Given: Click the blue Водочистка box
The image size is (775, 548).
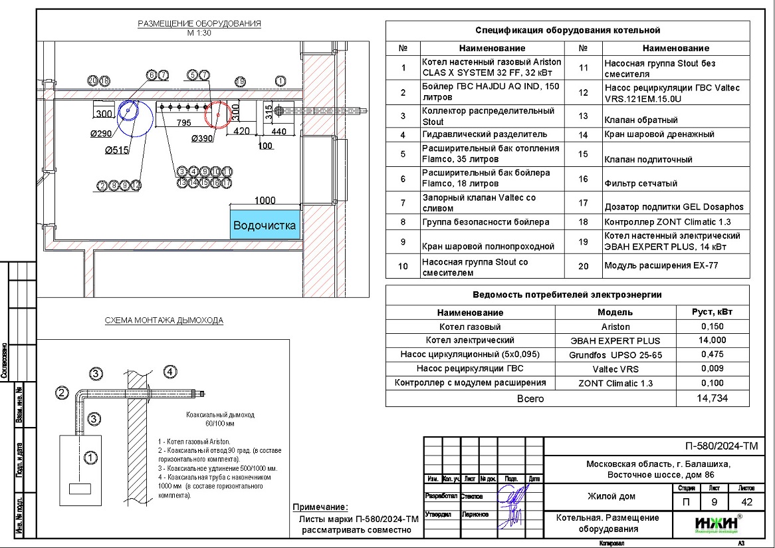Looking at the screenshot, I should tap(265, 225).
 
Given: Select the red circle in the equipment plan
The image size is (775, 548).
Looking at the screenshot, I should tap(217, 114).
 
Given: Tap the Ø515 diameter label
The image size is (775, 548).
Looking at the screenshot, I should tap(117, 151).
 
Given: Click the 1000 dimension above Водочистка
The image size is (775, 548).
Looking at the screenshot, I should tap(265, 200).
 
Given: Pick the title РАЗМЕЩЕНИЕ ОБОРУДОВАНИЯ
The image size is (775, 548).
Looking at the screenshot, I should tap(199, 24).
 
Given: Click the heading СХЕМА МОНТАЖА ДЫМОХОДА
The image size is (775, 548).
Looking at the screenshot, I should tap(164, 321).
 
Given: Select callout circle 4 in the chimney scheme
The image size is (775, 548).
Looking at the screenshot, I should tap(170, 372).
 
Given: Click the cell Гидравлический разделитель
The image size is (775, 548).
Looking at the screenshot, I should tap(485, 134).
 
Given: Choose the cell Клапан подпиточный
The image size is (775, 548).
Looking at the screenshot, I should tap(648, 160).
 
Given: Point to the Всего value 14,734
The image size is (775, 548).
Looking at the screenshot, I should tap(713, 398).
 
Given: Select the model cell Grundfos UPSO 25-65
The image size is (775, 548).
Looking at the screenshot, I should tap(615, 355).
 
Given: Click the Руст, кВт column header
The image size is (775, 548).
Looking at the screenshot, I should tap(713, 312).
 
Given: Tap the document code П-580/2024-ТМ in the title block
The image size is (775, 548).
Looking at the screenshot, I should tap(721, 446).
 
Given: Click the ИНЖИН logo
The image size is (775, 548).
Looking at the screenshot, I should tap(715, 523).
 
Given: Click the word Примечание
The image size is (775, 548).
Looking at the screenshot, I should tap(320, 507).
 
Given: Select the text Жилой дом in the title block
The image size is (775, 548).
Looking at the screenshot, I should tap(611, 496).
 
